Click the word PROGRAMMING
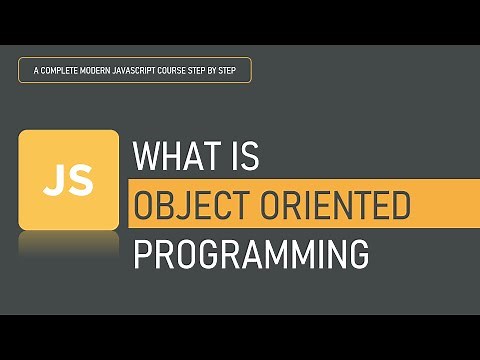click(x=251, y=253)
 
